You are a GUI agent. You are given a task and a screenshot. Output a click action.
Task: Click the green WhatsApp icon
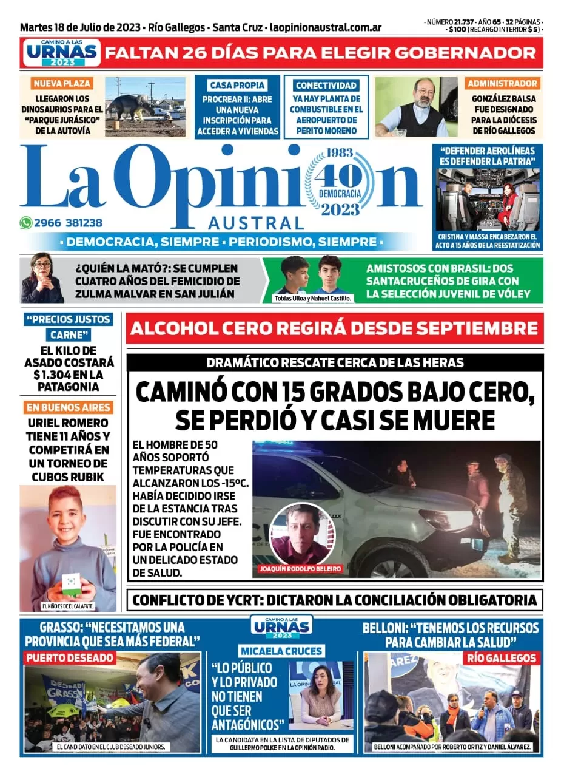pos(26,223)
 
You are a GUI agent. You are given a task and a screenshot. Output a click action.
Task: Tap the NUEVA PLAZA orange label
pos(62,83)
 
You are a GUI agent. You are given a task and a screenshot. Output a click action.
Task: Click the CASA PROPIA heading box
pos(241,85)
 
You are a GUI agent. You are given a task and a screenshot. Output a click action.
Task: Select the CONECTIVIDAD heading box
pos(326,86)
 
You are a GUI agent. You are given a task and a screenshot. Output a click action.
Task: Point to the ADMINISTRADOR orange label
pos(502,83)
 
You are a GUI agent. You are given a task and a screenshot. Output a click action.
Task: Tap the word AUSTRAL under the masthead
pos(255,222)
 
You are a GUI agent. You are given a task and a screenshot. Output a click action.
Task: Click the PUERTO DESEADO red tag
pos(69,657)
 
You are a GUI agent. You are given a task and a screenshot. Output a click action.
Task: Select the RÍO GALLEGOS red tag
pos(502,657)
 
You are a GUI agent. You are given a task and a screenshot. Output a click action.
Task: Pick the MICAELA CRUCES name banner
pos(281,651)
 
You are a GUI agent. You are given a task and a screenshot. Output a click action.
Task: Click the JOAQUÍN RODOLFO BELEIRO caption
pos(300,569)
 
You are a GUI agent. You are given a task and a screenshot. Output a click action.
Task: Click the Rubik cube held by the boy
pos(72,581)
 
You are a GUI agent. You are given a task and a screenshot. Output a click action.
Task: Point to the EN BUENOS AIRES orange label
pos(67,407)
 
